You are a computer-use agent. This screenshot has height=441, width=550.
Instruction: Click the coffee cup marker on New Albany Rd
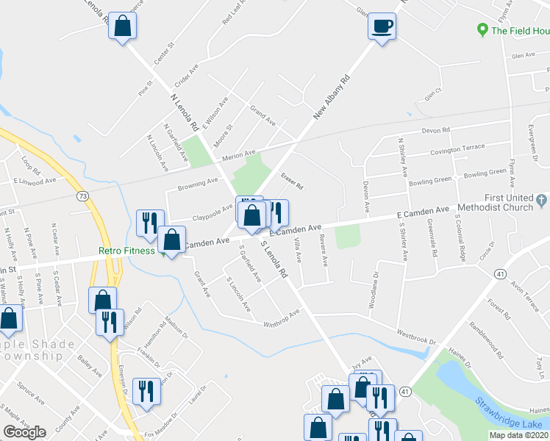click(x=382, y=26)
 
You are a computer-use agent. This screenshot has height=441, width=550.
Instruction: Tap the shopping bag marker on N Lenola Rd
click(x=123, y=26)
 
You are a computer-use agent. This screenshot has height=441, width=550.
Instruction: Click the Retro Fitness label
click(x=127, y=251)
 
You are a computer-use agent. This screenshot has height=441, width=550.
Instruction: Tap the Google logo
click(x=24, y=432)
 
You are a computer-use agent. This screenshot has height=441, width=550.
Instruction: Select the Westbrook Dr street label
click(x=417, y=337)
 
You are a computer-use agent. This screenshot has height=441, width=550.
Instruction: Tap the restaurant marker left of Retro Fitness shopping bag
click(x=150, y=222)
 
